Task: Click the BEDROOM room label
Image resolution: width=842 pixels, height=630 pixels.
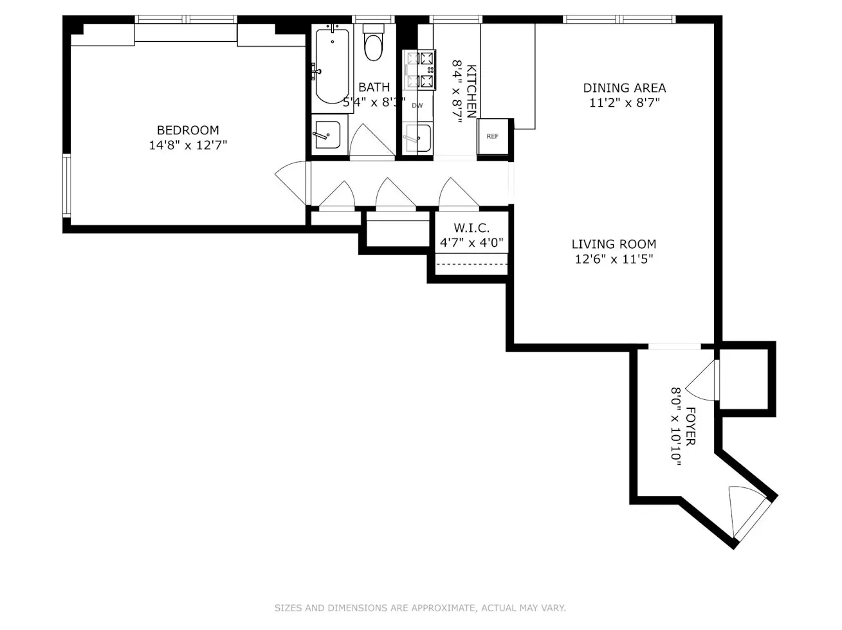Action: (x=188, y=130)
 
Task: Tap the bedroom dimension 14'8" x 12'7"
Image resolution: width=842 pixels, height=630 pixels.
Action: (x=188, y=145)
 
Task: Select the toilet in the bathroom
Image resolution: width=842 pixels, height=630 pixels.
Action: (x=373, y=44)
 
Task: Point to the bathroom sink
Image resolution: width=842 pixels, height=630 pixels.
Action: (x=329, y=134)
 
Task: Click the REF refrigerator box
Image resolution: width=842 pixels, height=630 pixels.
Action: (x=493, y=136)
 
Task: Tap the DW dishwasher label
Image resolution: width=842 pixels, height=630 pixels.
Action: (x=417, y=105)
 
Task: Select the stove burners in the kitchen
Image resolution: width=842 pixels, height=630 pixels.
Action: (x=419, y=70)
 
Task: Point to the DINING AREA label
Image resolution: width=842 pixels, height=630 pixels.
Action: (x=624, y=88)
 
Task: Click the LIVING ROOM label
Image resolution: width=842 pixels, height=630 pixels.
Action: (x=614, y=244)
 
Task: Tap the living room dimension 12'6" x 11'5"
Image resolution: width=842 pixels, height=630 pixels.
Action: (x=614, y=260)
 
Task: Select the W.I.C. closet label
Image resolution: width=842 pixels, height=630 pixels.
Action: (x=471, y=228)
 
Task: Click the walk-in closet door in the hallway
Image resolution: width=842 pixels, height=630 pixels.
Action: (x=458, y=194)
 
